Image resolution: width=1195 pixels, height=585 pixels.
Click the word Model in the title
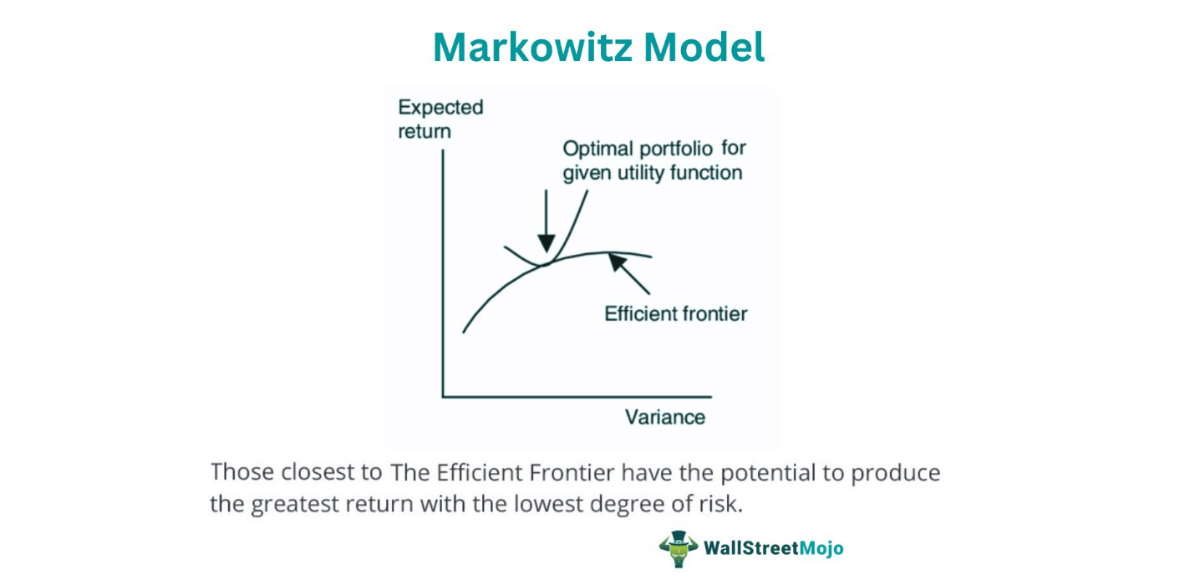click(x=704, y=48)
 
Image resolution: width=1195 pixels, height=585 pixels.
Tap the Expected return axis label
click(x=440, y=119)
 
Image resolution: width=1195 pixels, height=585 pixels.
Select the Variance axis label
click(x=664, y=417)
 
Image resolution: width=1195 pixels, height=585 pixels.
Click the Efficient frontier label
click(x=675, y=313)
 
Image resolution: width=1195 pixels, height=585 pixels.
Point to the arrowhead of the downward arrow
click(x=547, y=243)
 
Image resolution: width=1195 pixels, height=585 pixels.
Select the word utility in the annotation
click(x=641, y=173)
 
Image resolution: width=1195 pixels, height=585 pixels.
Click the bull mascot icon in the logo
click(x=679, y=549)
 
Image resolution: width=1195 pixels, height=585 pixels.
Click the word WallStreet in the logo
click(x=751, y=548)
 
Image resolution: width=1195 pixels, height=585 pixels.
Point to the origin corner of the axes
click(x=443, y=397)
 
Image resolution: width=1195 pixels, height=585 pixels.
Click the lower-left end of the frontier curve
click(x=464, y=333)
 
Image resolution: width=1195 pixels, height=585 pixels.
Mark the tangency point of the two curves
click(x=545, y=264)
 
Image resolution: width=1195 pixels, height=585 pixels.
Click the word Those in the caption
click(x=242, y=472)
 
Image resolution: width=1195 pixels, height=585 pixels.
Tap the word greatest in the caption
click(x=294, y=505)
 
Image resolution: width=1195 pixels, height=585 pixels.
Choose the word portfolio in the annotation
click(x=676, y=149)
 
